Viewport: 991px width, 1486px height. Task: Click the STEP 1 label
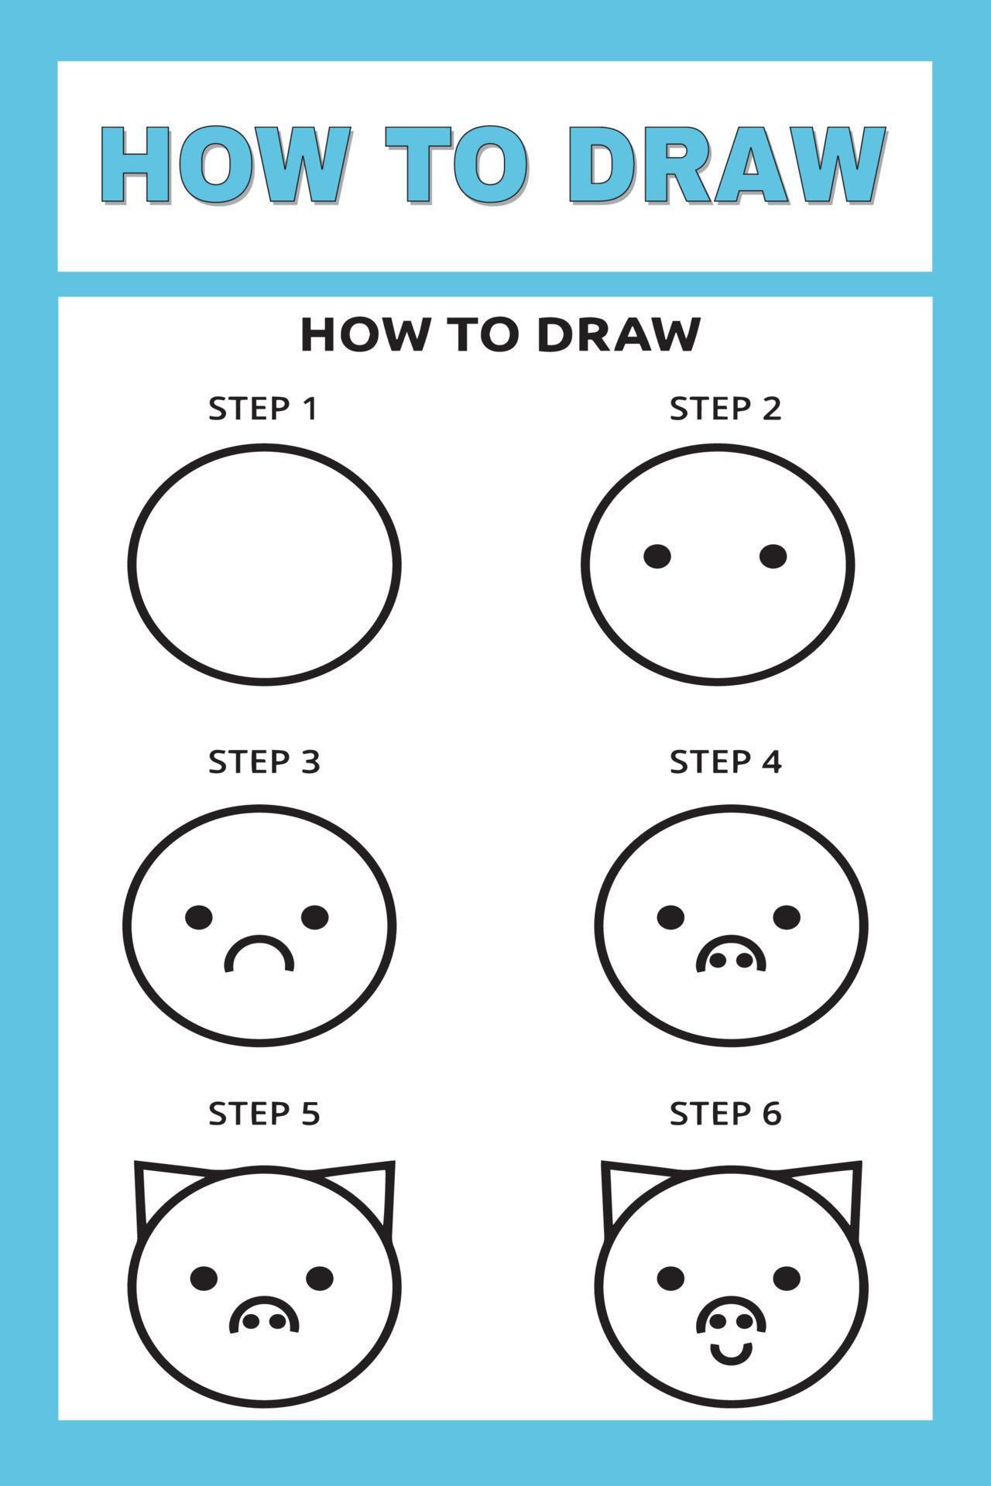click(x=263, y=408)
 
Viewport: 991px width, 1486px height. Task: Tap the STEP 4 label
click(x=725, y=762)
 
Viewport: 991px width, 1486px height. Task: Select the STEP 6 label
click(x=725, y=1114)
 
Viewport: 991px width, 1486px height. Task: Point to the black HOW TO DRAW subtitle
click(x=500, y=334)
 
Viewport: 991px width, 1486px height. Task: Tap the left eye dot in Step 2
click(x=657, y=556)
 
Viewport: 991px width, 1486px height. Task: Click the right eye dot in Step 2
click(x=773, y=556)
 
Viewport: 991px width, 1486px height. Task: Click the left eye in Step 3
click(x=199, y=917)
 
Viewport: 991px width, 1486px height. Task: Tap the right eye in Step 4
click(x=787, y=917)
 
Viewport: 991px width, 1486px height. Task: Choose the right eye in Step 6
click(x=787, y=1277)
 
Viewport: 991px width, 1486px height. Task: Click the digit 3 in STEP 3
click(x=310, y=762)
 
